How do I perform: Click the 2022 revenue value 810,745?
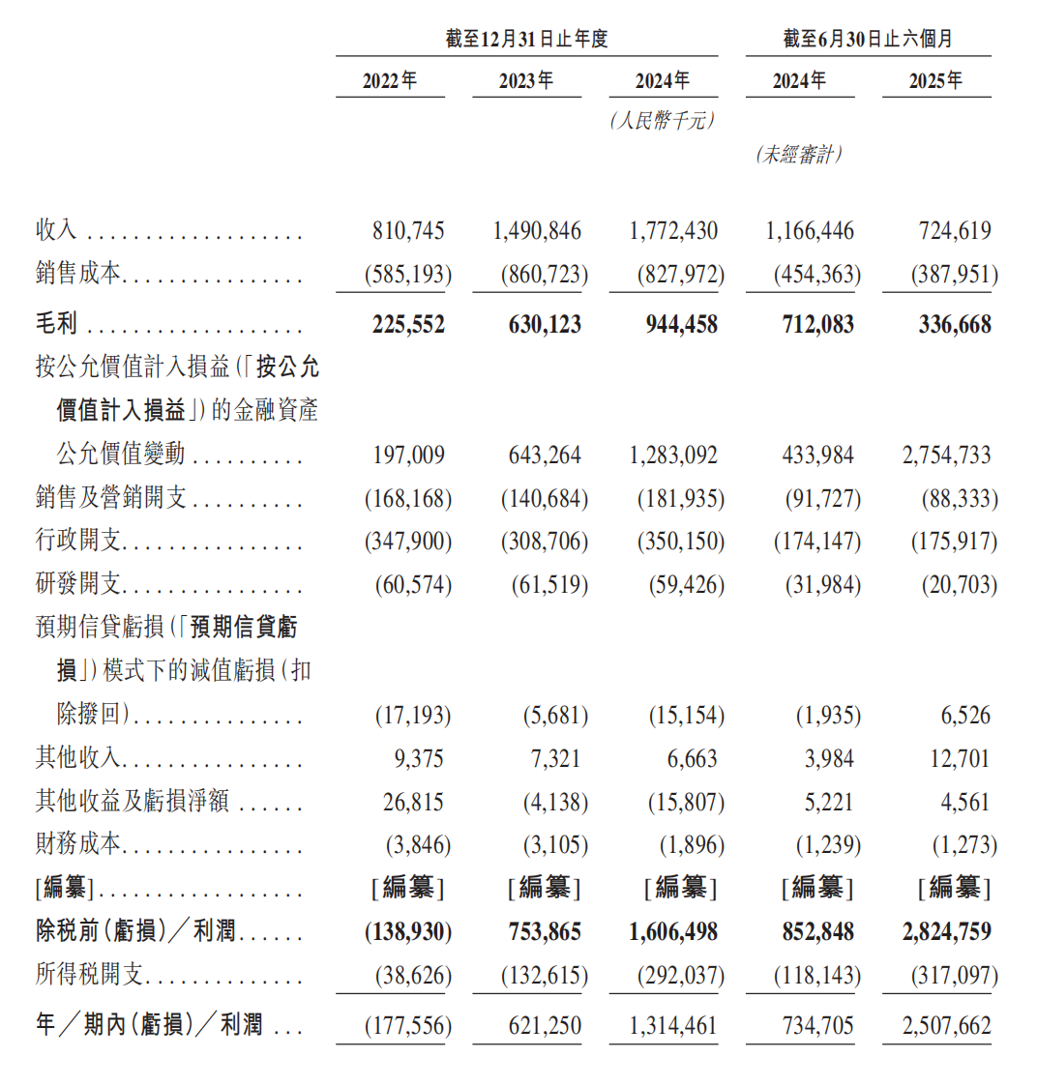[408, 231]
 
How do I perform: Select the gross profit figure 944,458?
[681, 325]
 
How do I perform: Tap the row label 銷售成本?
[78, 274]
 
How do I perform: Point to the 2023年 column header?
[526, 81]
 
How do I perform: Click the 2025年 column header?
[935, 81]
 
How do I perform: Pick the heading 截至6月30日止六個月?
[868, 39]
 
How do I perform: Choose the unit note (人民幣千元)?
[663, 121]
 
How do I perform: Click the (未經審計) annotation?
[799, 154]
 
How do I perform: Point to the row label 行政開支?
[78, 540]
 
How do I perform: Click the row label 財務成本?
[78, 843]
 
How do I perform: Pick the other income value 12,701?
[960, 758]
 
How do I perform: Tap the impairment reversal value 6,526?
[965, 715]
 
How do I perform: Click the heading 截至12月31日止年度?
[526, 39]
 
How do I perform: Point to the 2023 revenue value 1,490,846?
[537, 231]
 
